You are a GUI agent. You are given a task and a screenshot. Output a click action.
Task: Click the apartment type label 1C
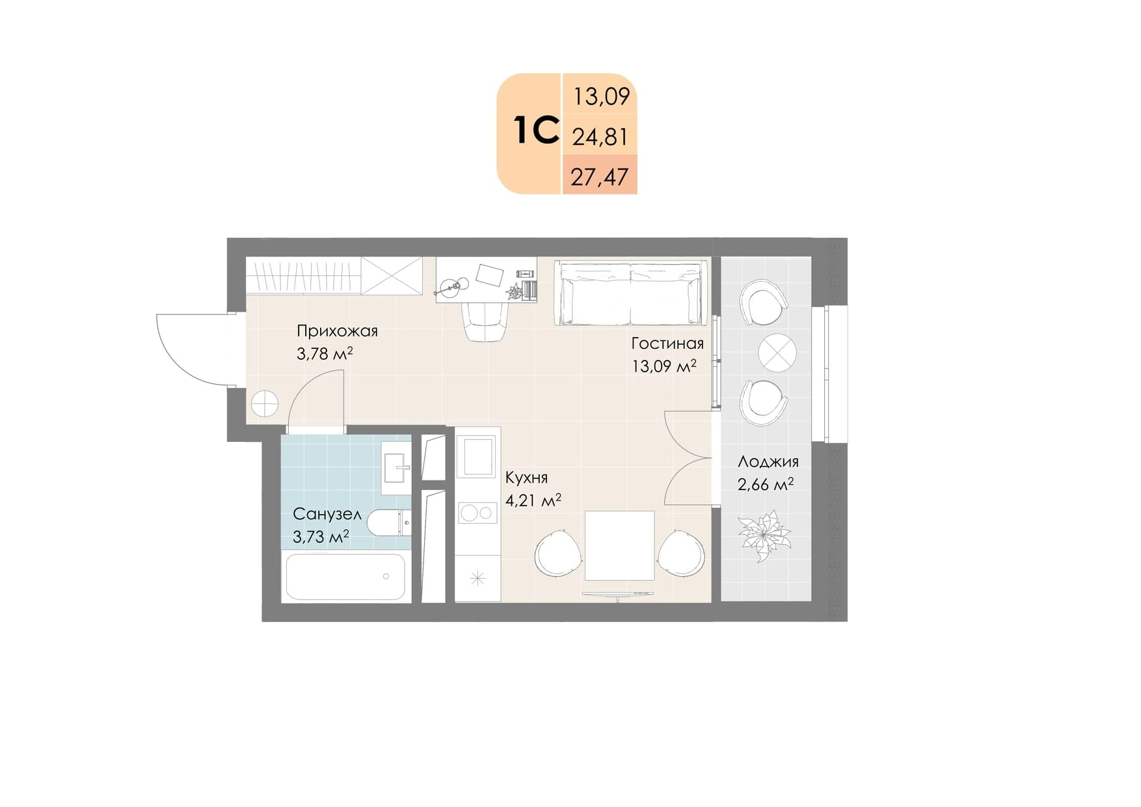[536, 130]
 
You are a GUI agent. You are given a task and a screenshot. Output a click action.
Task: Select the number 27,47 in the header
[600, 176]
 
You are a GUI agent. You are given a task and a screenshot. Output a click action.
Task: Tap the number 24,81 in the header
[600, 137]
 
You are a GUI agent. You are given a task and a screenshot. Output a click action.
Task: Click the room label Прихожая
[337, 331]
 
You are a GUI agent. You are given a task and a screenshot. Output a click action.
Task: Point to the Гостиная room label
[667, 343]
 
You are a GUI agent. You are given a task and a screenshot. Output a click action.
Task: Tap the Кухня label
[526, 478]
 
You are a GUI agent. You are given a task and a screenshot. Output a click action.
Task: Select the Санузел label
[327, 514]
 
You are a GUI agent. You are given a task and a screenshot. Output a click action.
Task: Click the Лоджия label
[768, 462]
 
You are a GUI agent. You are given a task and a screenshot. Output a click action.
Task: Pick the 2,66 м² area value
[765, 485]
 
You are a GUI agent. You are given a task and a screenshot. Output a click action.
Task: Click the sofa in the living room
[630, 293]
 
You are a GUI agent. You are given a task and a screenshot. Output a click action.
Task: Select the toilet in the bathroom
[389, 521]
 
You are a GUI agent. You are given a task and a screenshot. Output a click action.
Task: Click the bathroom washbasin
[396, 467]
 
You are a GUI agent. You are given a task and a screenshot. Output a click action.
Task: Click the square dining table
[619, 545]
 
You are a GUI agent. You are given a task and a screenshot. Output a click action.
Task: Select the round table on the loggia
[777, 353]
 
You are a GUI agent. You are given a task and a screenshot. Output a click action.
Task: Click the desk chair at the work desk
[485, 321]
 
